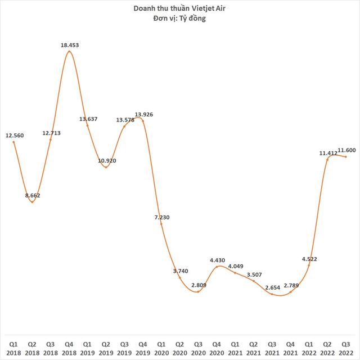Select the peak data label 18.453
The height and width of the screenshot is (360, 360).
[x=69, y=44]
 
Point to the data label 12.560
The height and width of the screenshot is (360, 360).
[x=14, y=135]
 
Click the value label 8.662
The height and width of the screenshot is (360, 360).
[x=31, y=195]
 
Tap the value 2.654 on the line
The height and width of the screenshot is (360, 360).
[x=272, y=287]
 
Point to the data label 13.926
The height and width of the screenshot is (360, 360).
[x=143, y=115]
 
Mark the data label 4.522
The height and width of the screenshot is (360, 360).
[x=309, y=259]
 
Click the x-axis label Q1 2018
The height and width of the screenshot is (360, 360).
[x=13, y=346]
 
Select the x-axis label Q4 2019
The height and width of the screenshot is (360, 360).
[x=143, y=346]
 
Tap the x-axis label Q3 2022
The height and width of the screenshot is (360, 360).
[x=345, y=346]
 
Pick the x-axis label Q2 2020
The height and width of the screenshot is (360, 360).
[x=179, y=346]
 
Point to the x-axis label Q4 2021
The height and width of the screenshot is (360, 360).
[x=290, y=346]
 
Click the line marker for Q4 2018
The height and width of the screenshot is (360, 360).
[x=69, y=52]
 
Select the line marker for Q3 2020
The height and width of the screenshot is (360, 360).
[x=198, y=291]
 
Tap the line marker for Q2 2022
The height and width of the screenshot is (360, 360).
[x=327, y=159]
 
